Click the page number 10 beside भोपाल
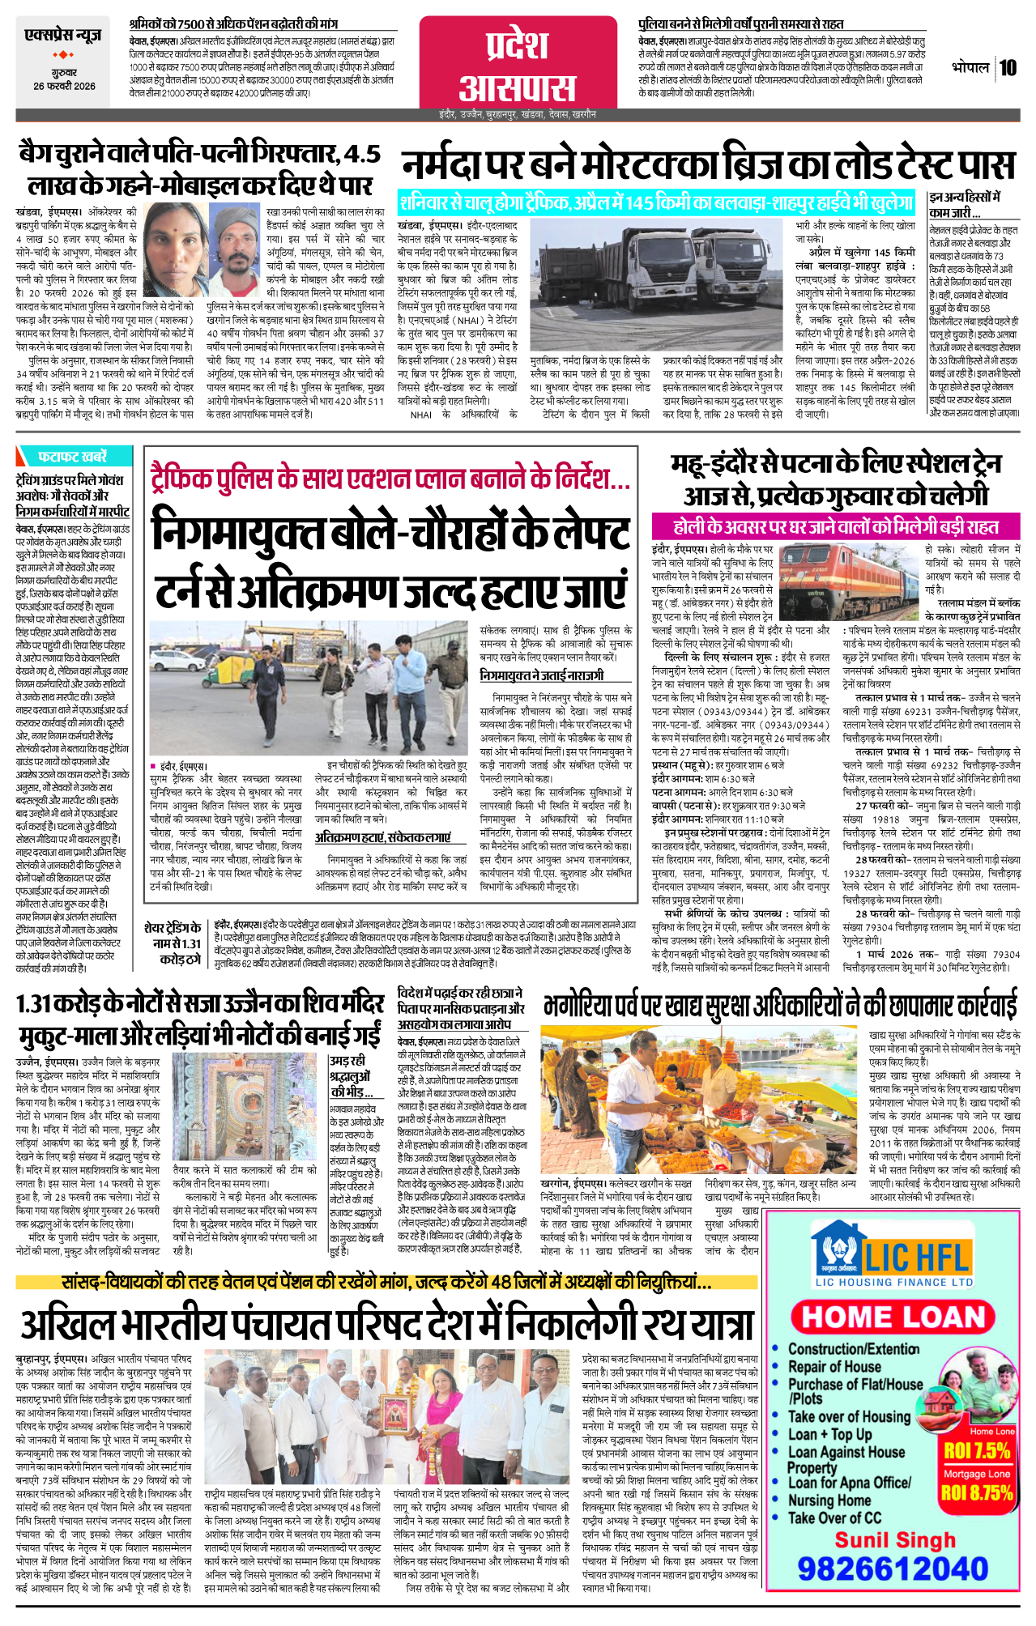click(x=1007, y=68)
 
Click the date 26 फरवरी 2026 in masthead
click(x=64, y=86)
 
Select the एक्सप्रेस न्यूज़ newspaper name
click(x=63, y=36)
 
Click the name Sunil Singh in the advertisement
click(x=894, y=1539)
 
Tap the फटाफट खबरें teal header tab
click(x=73, y=456)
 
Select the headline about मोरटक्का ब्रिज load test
click(x=707, y=165)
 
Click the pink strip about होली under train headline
click(x=835, y=527)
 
